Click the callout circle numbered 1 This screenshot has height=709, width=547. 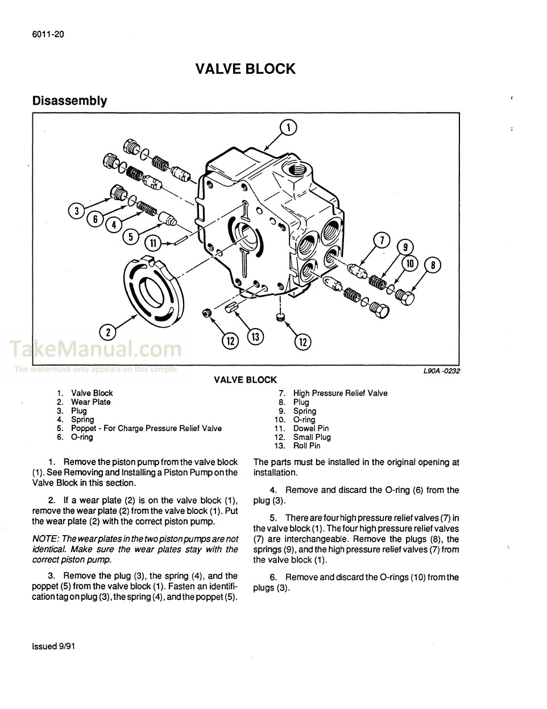pos(288,128)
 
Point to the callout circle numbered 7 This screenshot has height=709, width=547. pos(382,241)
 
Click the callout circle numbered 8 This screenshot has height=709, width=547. pos(432,264)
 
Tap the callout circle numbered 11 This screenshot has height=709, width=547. pos(152,243)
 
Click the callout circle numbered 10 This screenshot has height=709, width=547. pos(409,264)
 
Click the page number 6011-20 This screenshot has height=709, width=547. pos(48,34)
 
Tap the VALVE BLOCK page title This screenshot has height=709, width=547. pos(246,69)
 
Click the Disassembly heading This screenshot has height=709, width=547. pos(69,101)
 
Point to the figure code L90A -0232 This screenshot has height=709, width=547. pos(441,371)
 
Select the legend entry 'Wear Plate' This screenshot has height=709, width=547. pos(90,402)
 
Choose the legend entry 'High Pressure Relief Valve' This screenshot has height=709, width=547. pos(340,393)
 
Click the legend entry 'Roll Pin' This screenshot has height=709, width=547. pos(306,446)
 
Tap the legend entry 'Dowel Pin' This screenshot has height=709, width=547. pos(310,428)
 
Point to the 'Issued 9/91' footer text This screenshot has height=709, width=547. pos(53,646)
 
